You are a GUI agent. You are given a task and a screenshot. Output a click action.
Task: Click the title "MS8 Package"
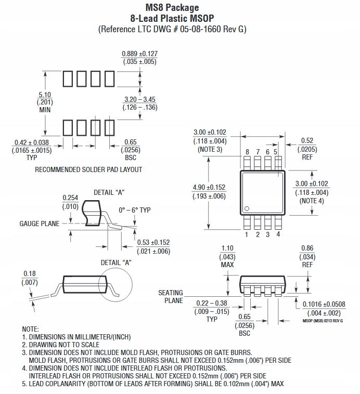click(x=172, y=7)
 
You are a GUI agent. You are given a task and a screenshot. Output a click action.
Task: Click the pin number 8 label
click(x=247, y=152)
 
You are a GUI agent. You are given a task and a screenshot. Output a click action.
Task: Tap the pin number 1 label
click(x=247, y=234)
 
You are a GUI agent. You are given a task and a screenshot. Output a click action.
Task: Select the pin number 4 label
click(x=278, y=234)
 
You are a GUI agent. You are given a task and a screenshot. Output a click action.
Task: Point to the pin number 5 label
click(x=276, y=152)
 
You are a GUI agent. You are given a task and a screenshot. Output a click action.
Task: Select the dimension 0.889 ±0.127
click(x=139, y=54)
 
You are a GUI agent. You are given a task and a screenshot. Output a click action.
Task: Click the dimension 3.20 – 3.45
click(x=140, y=99)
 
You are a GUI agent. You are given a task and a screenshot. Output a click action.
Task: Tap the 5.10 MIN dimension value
click(x=45, y=95)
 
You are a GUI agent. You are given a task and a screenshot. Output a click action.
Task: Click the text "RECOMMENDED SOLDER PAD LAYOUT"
click(x=88, y=169)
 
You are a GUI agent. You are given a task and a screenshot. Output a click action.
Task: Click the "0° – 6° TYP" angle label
click(x=134, y=210)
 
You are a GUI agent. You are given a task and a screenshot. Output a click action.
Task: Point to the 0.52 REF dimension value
click(x=307, y=140)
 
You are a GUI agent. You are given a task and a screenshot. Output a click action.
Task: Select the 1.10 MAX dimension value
click(x=227, y=248)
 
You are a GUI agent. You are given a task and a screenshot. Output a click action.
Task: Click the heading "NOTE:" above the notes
click(x=30, y=330)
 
